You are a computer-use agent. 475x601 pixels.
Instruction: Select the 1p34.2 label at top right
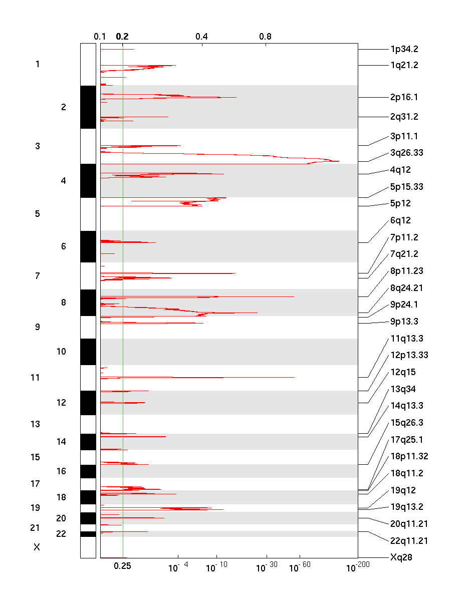pos(404,49)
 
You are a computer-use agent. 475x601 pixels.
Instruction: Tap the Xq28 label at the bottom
pos(401,557)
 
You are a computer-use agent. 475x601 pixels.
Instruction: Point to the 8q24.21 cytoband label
pos(406,288)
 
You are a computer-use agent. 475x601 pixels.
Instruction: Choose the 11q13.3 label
pos(406,339)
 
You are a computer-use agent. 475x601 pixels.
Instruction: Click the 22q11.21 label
pos(408,541)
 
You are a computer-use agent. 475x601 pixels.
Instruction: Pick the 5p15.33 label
pos(406,187)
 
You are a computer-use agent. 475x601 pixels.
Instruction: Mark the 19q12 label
pos(403,490)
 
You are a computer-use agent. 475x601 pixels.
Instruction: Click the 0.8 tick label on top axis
pos(265,37)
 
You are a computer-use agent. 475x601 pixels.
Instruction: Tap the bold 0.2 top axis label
pos(122,37)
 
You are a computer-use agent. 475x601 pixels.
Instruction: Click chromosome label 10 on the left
pos(61,352)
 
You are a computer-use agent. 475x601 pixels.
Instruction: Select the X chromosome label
pos(37,547)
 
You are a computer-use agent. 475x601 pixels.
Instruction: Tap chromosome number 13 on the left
pos(35,424)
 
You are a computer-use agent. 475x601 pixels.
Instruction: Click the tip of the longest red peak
pos(339,161)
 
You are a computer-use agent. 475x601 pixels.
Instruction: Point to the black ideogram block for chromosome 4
pos(88,180)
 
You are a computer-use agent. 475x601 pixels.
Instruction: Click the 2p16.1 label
pos(404,97)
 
